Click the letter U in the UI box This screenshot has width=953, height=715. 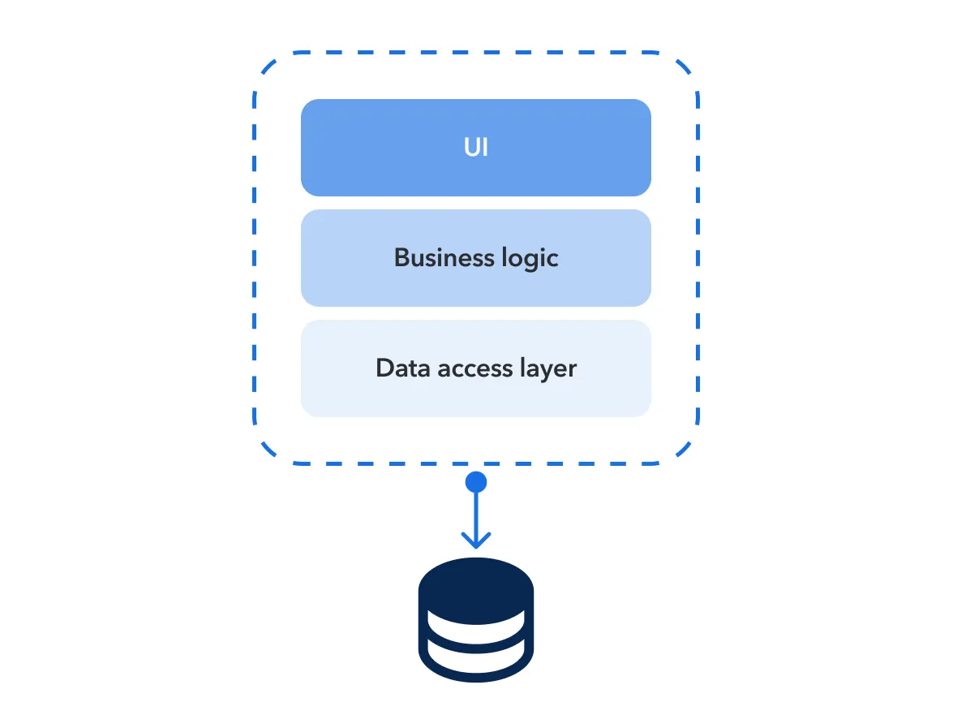(470, 149)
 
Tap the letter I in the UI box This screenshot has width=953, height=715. (485, 149)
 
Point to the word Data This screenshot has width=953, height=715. (404, 368)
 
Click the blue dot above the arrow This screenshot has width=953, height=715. (476, 483)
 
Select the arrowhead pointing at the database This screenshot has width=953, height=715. (476, 541)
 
